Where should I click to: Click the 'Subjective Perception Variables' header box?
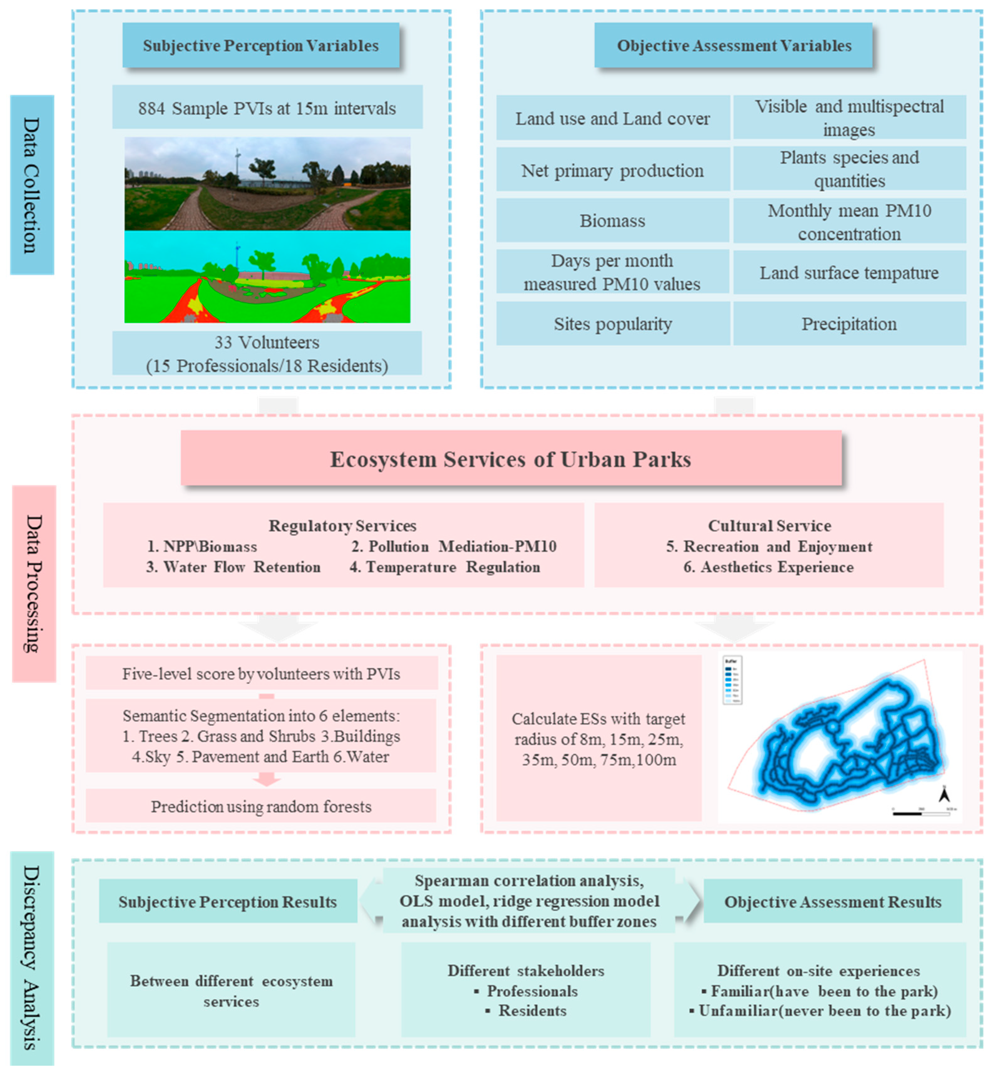coord(261,46)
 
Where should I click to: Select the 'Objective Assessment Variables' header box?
coord(734,46)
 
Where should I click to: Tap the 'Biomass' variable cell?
coord(612,221)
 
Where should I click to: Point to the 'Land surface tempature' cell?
coord(849,273)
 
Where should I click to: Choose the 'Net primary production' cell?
coord(612,170)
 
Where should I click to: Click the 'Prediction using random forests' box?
coord(261,806)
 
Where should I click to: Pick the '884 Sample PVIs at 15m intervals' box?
coord(267,108)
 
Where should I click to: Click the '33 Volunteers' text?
coord(267,342)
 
